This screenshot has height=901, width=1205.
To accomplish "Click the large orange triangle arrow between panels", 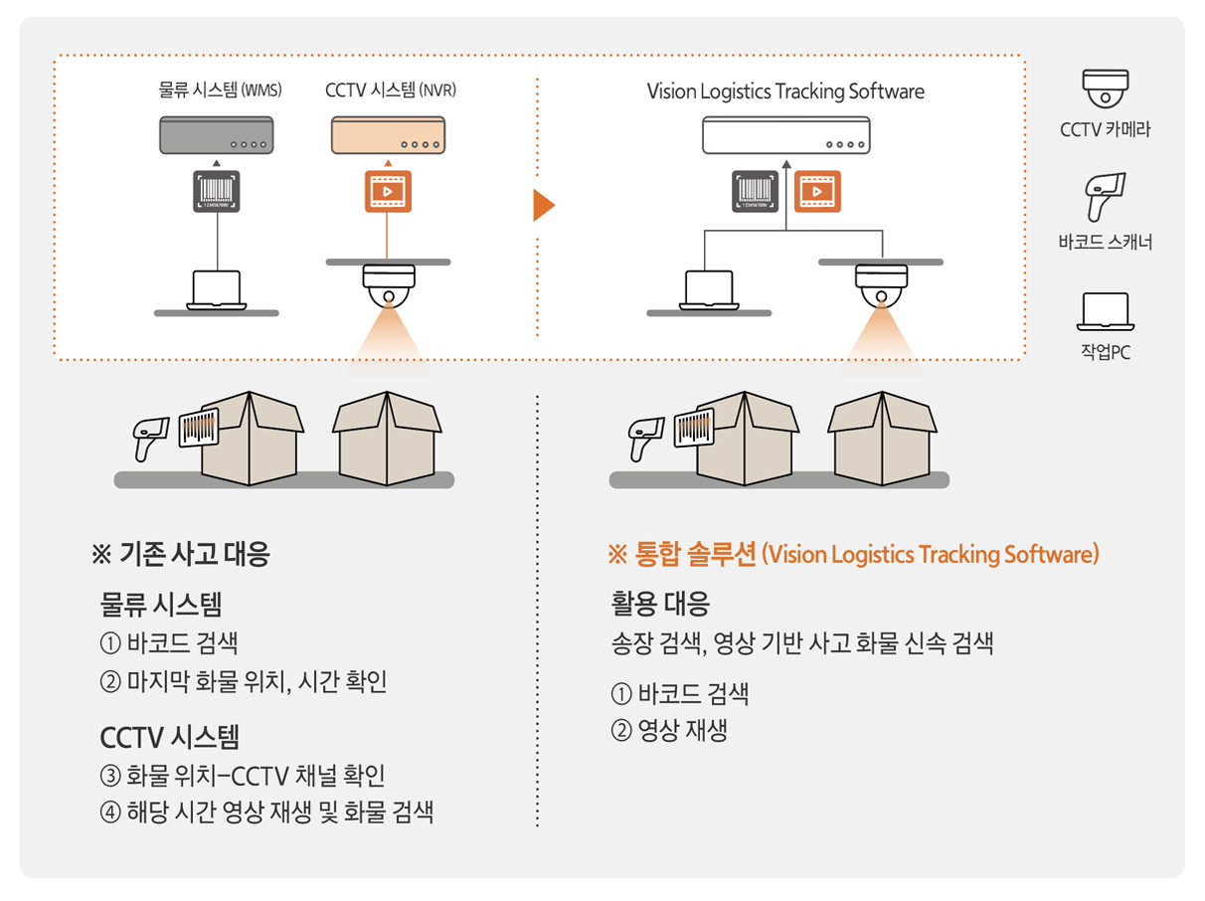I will (543, 205).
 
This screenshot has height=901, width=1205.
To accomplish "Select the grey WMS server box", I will (216, 135).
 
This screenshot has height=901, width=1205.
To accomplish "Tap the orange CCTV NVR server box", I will (388, 135).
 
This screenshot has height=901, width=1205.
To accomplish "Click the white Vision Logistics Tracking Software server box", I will (785, 135).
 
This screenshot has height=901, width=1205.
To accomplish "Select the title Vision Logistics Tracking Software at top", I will (785, 91).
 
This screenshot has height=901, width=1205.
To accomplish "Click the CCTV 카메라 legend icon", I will (1105, 89).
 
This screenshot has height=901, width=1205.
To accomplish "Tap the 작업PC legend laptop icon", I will (1105, 311).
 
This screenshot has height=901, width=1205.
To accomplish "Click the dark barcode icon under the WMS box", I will (216, 191).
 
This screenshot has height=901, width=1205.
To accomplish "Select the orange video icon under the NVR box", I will (388, 191).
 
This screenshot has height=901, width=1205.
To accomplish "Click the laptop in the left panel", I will (216, 289).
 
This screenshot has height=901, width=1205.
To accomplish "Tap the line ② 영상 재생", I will (669, 732).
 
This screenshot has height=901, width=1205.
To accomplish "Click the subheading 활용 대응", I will (660, 604).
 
